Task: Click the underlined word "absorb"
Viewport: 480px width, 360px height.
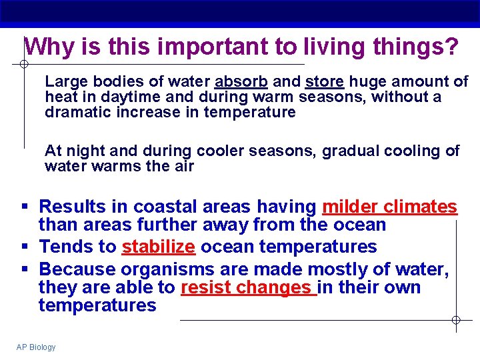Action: (x=241, y=82)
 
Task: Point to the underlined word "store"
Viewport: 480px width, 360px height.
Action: (x=324, y=82)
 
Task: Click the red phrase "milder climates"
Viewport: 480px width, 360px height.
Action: (x=389, y=207)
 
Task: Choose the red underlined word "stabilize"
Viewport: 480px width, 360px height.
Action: (x=158, y=247)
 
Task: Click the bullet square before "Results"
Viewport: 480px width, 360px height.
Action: (x=24, y=207)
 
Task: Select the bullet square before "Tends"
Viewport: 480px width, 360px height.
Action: (x=24, y=247)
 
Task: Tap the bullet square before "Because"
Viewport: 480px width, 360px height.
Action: (x=24, y=269)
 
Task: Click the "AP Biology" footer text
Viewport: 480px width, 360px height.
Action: (x=36, y=347)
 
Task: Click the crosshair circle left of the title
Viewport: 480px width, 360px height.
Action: (x=23, y=65)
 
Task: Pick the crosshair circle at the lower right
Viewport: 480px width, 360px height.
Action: (x=456, y=321)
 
